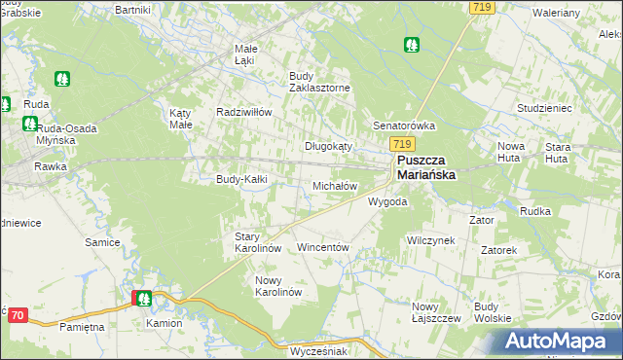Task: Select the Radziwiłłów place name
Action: click(242, 111)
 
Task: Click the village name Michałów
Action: click(336, 185)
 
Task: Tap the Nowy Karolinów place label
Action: click(279, 286)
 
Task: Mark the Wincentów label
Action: click(322, 247)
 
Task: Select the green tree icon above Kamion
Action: click(143, 299)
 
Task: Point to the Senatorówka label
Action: click(404, 126)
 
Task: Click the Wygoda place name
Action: click(386, 201)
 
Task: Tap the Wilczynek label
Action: click(430, 239)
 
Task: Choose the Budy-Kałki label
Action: click(241, 179)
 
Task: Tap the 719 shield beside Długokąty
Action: click(379, 143)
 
